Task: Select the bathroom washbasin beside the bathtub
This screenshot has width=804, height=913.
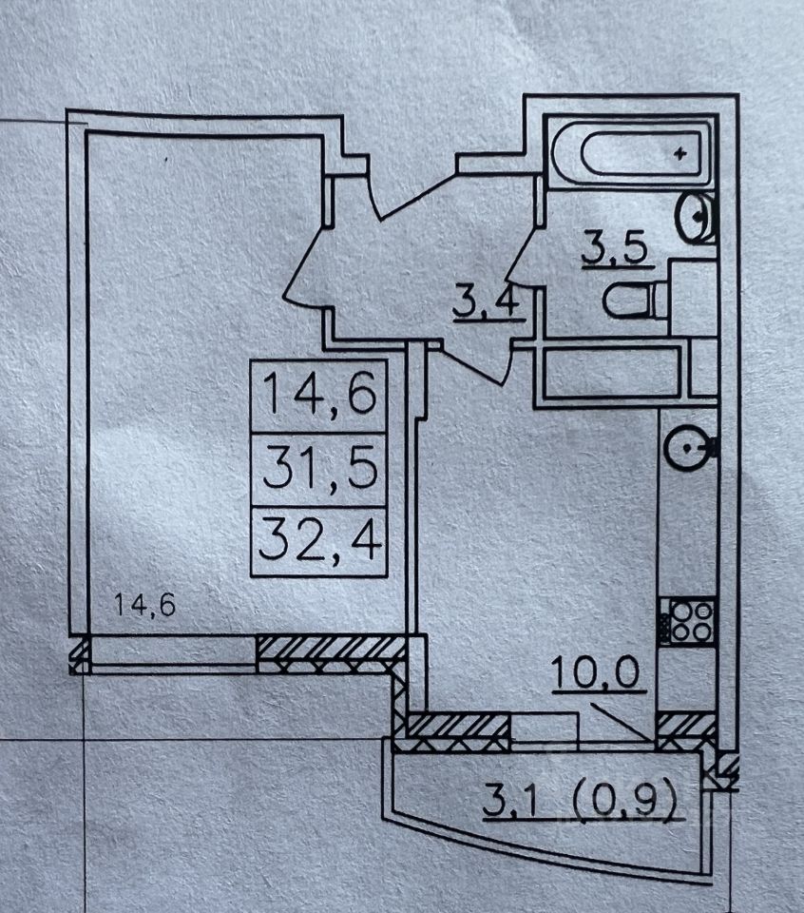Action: pos(697,217)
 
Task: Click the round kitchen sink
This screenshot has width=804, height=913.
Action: pos(686,447)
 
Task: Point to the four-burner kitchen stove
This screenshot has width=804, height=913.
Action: pos(690,619)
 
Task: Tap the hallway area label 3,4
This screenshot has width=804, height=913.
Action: pos(488,304)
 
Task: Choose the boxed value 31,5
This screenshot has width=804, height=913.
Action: pos(319,469)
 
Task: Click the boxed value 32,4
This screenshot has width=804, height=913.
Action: pos(319,543)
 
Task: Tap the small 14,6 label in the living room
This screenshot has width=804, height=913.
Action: pos(144,604)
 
